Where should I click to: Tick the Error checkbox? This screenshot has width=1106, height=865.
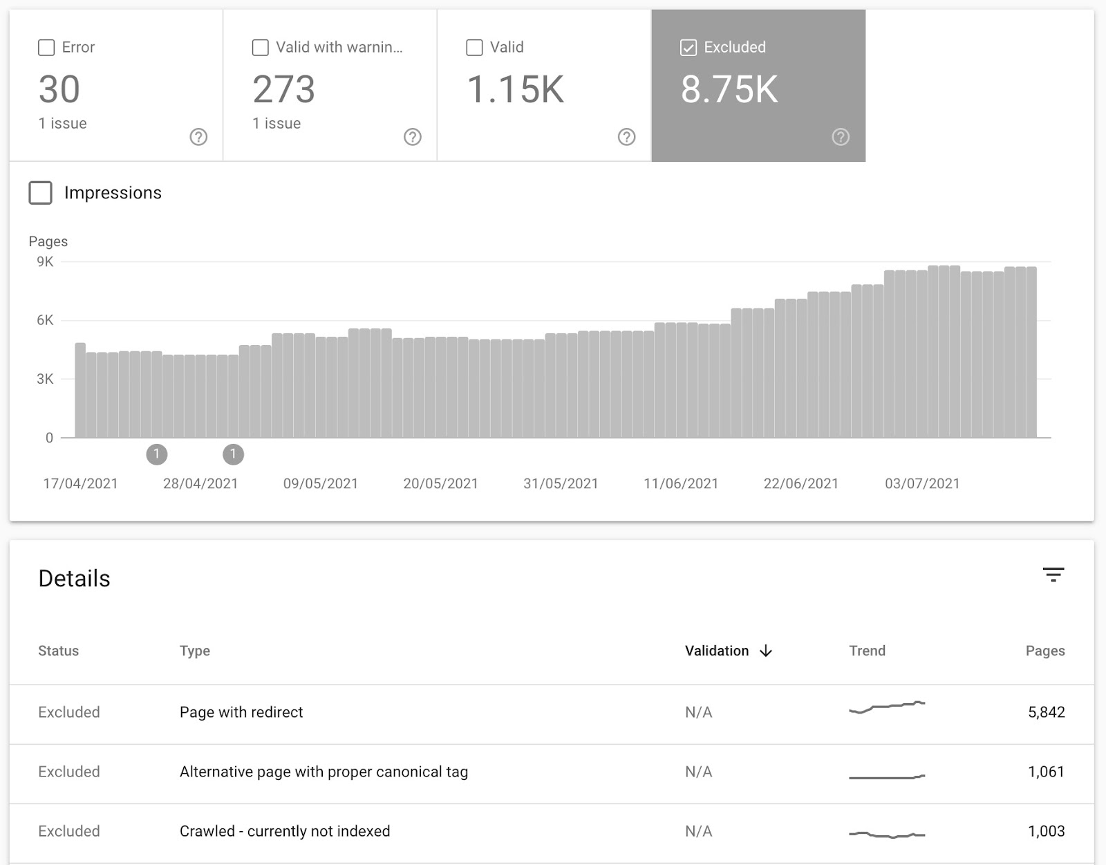point(46,48)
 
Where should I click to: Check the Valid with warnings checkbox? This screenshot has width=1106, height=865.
point(261,48)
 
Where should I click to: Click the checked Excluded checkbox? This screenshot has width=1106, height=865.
point(688,48)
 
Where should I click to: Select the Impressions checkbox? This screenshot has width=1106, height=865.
point(41,193)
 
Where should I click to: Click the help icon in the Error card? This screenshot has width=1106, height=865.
point(198,137)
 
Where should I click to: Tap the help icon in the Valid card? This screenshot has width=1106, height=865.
point(626,137)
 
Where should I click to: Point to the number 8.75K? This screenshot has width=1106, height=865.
point(729,90)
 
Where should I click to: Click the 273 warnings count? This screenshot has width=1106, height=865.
point(283,90)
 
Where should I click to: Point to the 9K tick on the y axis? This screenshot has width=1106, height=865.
point(45,262)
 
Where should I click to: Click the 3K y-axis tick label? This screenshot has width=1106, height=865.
point(45,379)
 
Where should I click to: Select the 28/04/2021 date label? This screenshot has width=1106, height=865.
point(200,484)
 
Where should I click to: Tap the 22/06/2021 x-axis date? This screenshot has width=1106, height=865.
point(800,484)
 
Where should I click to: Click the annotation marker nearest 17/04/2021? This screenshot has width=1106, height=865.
point(157,454)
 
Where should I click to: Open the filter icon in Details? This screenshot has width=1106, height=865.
point(1053,575)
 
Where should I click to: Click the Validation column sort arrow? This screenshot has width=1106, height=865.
point(766,651)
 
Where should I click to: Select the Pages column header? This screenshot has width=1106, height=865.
point(1044,651)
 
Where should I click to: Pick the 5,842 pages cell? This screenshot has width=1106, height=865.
point(1046,712)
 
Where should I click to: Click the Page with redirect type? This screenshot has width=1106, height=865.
point(241,712)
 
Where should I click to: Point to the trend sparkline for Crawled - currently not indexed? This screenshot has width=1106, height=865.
point(887,835)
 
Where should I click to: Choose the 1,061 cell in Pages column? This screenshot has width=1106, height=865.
point(1046,772)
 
